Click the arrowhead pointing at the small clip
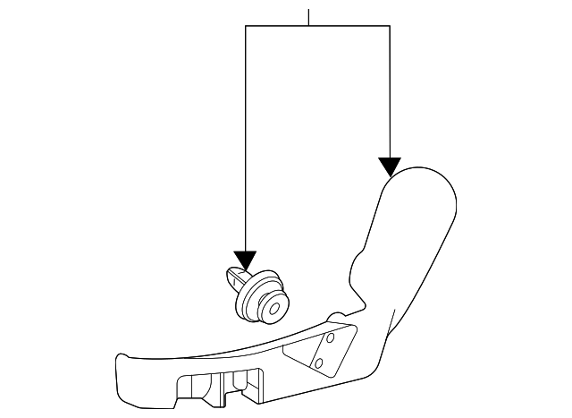coord(246,260)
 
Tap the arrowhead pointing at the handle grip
coord(389,166)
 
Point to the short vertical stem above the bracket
coord(309,17)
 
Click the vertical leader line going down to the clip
coord(246,134)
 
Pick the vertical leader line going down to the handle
coord(390,90)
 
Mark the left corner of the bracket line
coord(246,26)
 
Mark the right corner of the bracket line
coord(390,26)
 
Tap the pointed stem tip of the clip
coord(230,272)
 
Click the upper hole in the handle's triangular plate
coord(330,340)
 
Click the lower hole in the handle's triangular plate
coord(319,362)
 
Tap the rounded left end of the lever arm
coord(122,368)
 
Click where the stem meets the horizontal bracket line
coord(309,26)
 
